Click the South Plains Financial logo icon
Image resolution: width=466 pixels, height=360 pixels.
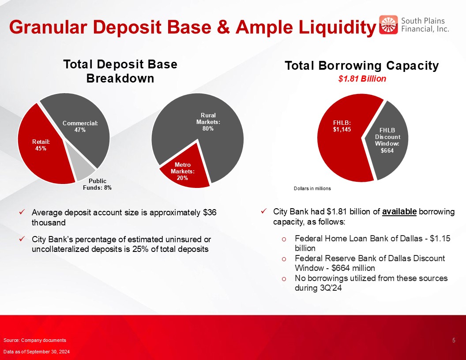[x=388, y=25]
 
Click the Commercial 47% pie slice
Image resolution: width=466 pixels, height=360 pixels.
[x=82, y=125]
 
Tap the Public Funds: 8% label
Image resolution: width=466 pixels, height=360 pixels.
[x=97, y=184]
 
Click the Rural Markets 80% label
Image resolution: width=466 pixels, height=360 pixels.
[x=208, y=122]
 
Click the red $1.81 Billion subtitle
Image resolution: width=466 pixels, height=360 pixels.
[x=362, y=79]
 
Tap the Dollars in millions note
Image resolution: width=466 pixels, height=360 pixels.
[x=312, y=189]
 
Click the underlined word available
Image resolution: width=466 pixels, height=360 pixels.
[x=399, y=212]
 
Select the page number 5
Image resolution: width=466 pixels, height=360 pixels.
[x=454, y=341]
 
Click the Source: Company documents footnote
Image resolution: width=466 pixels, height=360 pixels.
[x=35, y=341]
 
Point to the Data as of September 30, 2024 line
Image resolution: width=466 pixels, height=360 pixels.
[x=37, y=352]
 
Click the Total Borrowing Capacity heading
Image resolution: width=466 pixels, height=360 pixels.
[x=362, y=66]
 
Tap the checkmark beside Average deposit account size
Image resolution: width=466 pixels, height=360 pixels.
[x=22, y=212]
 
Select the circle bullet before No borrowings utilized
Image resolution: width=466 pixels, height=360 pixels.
[x=284, y=279]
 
